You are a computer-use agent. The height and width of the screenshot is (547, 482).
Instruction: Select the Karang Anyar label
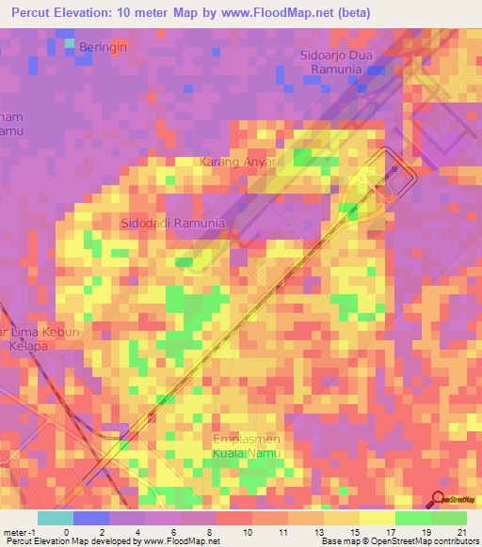pos(239,162)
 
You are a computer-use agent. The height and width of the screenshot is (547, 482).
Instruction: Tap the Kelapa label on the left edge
pos(28,346)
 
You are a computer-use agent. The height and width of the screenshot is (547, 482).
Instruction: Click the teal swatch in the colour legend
pos(55,518)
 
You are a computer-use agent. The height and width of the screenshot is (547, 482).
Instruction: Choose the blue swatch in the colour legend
pos(90,518)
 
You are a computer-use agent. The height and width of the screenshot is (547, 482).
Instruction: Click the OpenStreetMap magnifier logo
pos(438,499)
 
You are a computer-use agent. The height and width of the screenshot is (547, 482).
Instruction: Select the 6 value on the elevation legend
pos(171,531)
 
